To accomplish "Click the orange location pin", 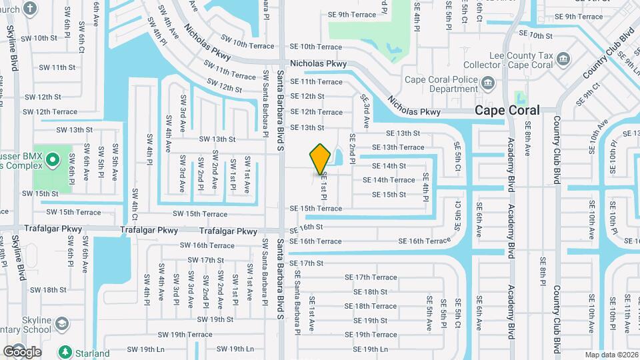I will point(321,159).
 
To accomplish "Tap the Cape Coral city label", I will point(507,110).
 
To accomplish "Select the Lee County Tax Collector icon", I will point(563,59).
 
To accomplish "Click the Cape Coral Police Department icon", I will point(488,83).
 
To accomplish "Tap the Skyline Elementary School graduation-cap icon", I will point(62,324).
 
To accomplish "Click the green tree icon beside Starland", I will point(65,352).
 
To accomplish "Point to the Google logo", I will point(22,351).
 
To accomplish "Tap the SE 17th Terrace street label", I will point(370,277).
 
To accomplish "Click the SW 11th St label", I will point(57,67).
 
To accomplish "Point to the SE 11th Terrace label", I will point(315,82).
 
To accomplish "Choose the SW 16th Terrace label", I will point(207,245).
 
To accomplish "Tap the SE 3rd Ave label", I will point(365,111).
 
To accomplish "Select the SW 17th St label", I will point(201,260).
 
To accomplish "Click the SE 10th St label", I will point(535,35).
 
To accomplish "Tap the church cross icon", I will point(30,9).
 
